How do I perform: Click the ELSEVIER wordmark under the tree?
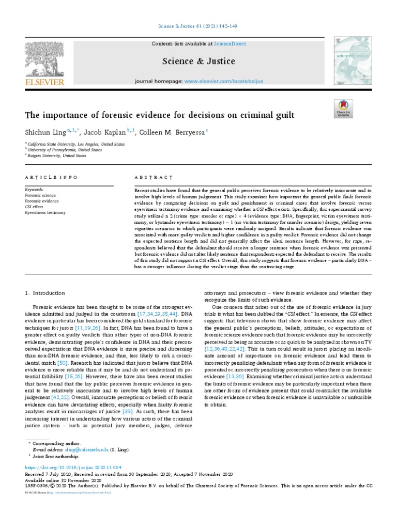pos(44,82)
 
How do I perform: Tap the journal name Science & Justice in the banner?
pos(198,61)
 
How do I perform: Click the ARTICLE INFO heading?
pos(51,177)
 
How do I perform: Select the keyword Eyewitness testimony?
pos(45,212)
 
